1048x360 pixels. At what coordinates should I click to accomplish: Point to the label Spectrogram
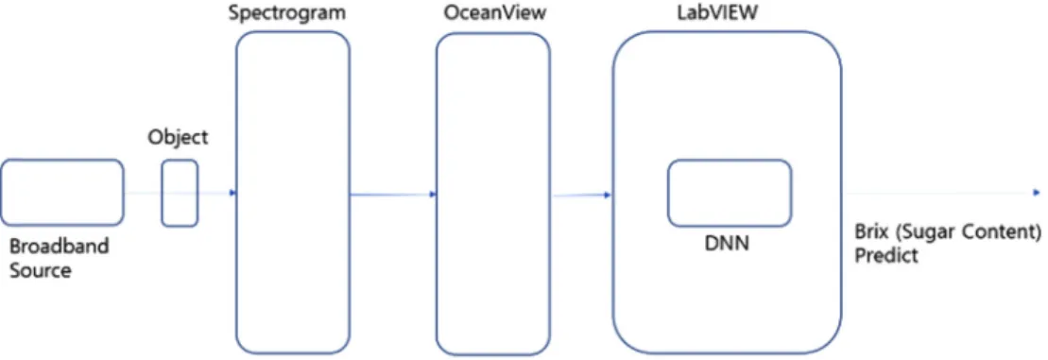(287, 12)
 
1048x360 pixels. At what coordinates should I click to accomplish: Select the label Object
(178, 138)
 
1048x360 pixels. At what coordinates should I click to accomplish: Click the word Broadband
(59, 247)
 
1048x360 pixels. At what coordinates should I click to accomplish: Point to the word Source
(40, 271)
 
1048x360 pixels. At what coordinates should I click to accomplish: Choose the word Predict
(886, 256)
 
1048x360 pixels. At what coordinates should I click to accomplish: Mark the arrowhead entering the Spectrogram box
(232, 193)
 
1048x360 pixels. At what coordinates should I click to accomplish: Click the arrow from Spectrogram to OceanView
(393, 195)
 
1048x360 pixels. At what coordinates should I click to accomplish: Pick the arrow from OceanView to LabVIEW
(581, 195)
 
